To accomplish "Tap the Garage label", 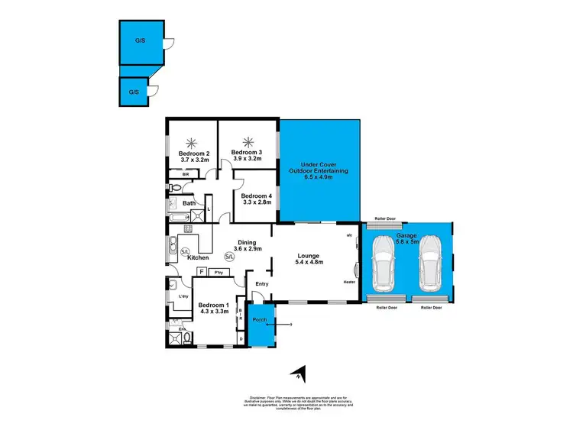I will coord(406,236).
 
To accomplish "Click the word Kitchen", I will coord(198,257).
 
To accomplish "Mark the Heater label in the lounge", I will coord(349,281).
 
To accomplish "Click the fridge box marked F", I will coord(201,271).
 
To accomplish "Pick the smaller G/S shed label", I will coord(133,92).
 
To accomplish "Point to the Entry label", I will coord(261,284).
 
